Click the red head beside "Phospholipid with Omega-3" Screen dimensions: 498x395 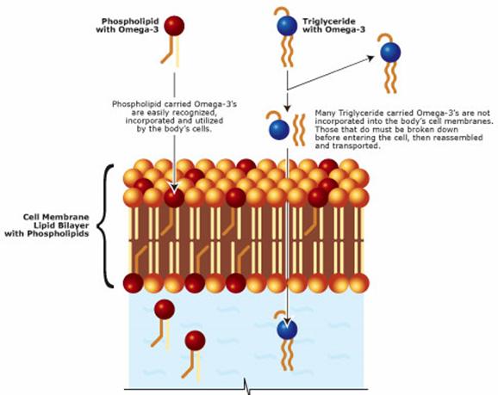click(x=174, y=26)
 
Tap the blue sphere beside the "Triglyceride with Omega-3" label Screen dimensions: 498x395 click(x=287, y=27)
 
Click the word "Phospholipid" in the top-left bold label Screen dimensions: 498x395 click(x=130, y=22)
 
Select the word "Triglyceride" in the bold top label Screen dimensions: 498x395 click(x=329, y=22)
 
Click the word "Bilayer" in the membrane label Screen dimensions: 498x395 click(x=74, y=225)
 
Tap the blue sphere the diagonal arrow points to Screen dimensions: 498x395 click(x=390, y=52)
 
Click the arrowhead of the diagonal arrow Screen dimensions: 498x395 click(x=370, y=58)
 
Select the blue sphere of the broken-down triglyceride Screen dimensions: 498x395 click(x=279, y=129)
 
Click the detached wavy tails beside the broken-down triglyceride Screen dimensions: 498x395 click(x=299, y=130)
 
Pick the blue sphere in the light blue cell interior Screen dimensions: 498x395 click(x=287, y=330)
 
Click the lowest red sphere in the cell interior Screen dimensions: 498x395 click(x=196, y=341)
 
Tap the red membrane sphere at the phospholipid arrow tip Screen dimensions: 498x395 click(x=174, y=197)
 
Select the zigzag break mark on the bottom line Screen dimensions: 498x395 click(x=247, y=387)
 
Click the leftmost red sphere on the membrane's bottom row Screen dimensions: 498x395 click(x=133, y=283)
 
